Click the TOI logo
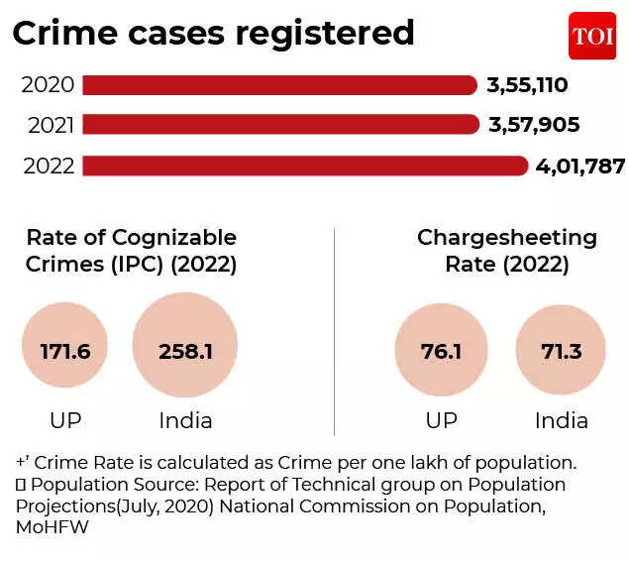(592, 36)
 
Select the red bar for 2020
(279, 85)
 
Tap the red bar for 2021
(279, 125)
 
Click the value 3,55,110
(527, 85)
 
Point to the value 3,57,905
(533, 125)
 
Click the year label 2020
(48, 85)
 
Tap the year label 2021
(48, 125)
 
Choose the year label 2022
(48, 166)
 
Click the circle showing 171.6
(65, 351)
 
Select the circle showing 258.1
(185, 351)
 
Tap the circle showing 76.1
(441, 351)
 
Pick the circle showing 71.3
(562, 351)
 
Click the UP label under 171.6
(65, 420)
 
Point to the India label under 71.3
(562, 420)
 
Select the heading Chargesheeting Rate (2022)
(507, 251)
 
